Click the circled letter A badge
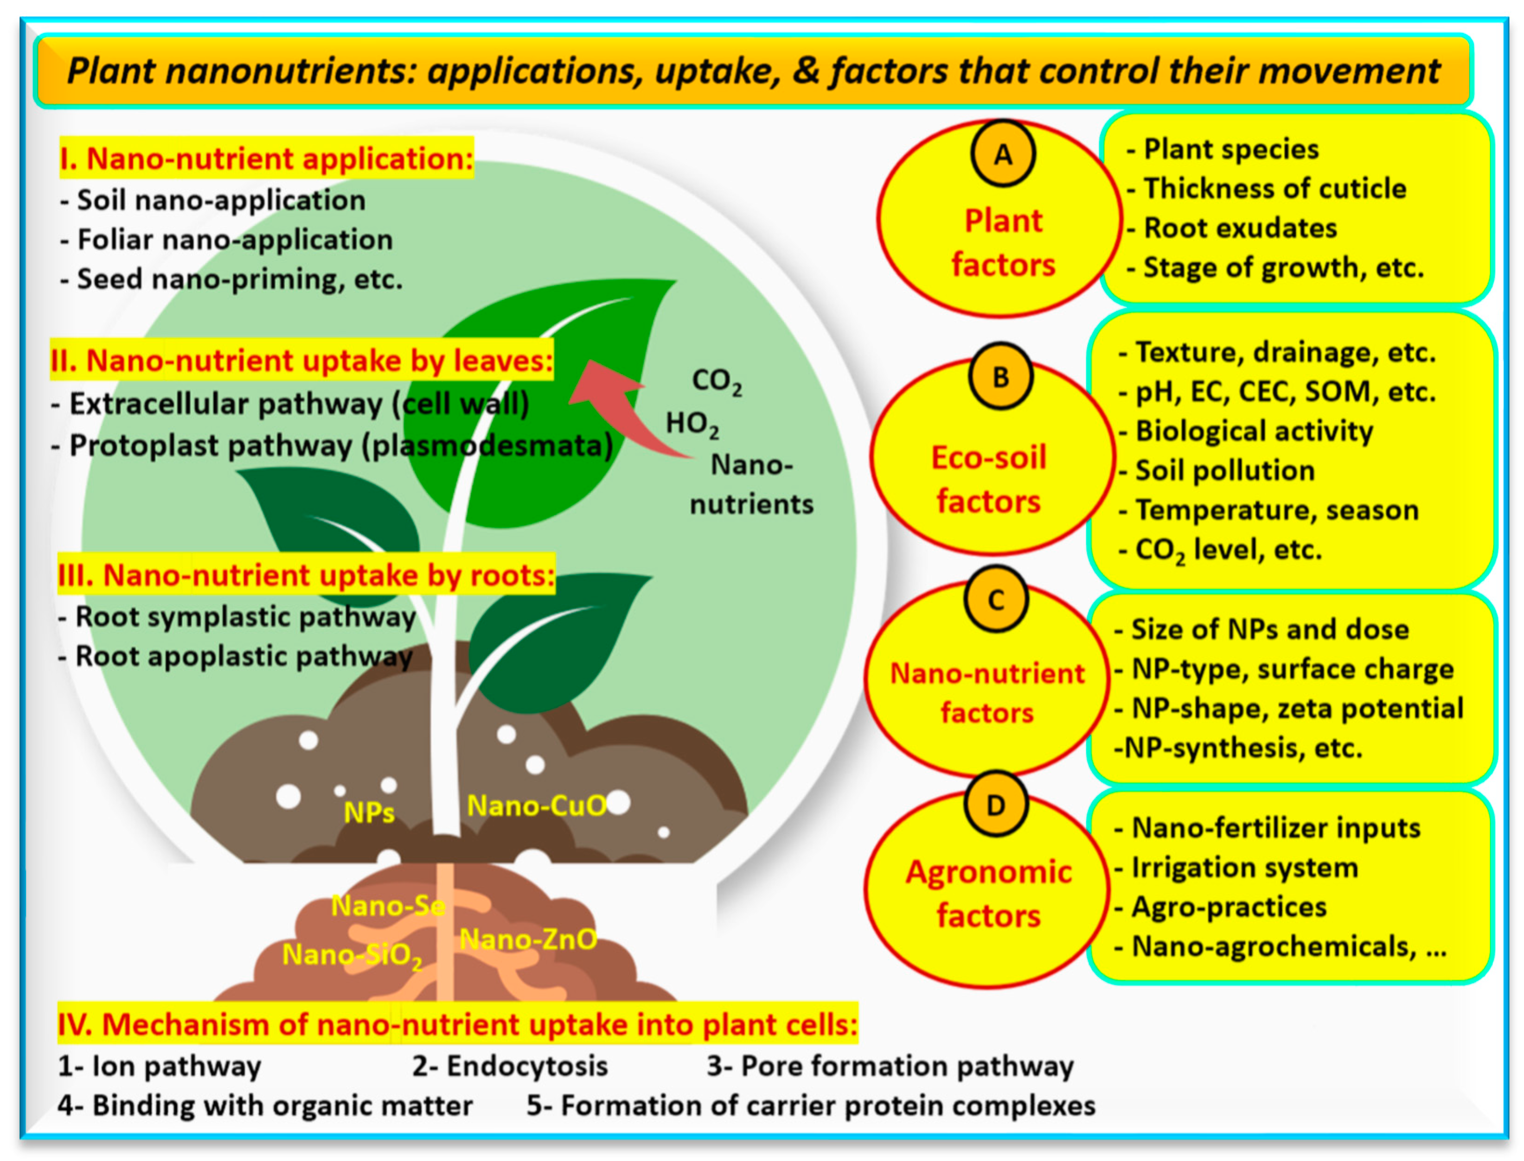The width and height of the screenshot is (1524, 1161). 1003,154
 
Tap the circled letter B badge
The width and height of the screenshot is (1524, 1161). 1000,377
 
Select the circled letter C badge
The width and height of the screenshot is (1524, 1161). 996,600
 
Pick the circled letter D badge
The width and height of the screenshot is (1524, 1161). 996,805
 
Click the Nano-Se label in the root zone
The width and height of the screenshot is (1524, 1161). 388,905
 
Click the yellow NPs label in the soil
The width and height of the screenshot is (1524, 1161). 369,813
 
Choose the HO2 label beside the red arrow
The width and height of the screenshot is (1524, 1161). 692,424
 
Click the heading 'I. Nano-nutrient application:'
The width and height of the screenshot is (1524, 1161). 266,158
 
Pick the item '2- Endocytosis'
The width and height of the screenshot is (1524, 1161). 510,1066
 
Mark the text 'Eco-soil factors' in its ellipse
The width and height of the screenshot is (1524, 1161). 989,479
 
